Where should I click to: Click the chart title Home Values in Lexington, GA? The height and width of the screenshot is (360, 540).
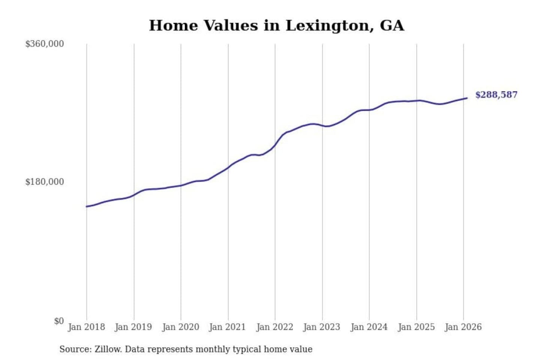[x=276, y=25]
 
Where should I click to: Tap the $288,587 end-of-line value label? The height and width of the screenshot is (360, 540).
[x=496, y=94]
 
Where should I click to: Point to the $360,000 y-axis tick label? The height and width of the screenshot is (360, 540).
[x=44, y=44]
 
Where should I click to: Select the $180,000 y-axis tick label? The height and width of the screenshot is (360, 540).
[x=44, y=182]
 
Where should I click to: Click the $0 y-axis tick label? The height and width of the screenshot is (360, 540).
[x=59, y=321]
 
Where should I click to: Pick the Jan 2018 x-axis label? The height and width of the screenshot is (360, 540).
[x=86, y=327]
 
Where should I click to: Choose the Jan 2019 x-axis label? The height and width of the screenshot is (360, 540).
[x=133, y=327]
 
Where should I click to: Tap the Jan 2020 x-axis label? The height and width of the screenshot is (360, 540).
[x=180, y=327]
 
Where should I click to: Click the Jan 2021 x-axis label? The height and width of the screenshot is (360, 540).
[x=227, y=327]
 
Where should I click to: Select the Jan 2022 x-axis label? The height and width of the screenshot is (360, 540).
[x=274, y=327]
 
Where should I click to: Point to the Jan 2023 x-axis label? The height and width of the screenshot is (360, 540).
[x=321, y=327]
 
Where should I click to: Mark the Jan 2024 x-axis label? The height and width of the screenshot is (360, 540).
[x=369, y=327]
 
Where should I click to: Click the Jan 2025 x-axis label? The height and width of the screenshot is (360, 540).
[x=416, y=327]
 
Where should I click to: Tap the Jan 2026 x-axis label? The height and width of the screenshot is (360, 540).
[x=463, y=327]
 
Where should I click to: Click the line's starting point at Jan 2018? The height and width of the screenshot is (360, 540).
[x=87, y=206]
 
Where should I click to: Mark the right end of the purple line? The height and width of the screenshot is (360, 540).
[x=467, y=98]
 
